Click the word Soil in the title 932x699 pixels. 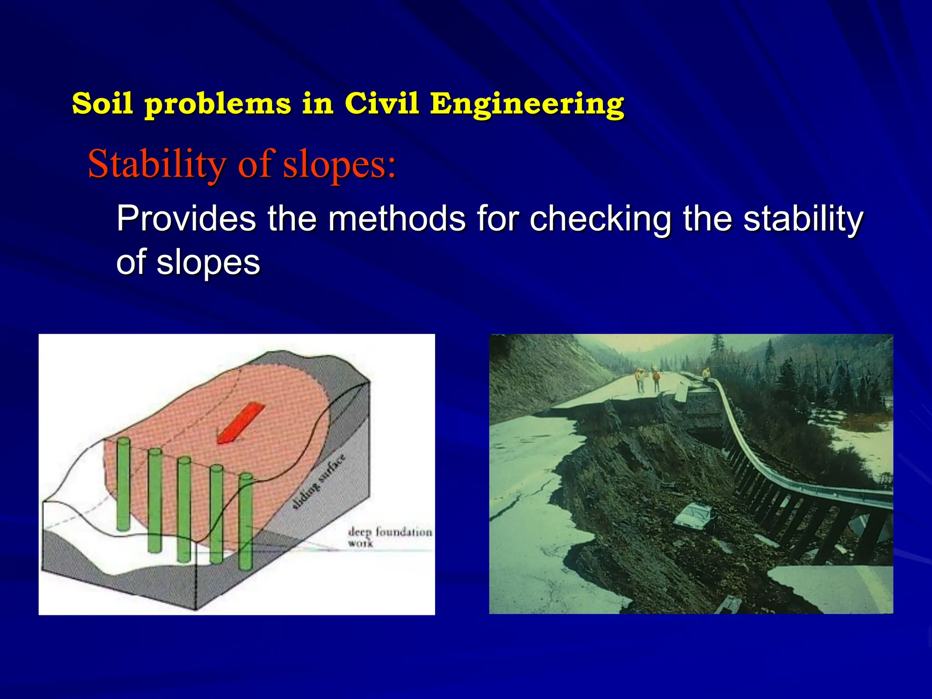click(102, 103)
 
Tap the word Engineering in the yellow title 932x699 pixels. click(527, 104)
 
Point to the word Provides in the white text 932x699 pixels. click(186, 219)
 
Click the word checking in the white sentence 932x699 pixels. click(600, 219)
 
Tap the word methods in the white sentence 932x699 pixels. click(397, 219)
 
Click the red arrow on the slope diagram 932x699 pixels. click(240, 423)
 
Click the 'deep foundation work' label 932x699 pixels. click(389, 536)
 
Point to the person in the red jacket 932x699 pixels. click(656, 380)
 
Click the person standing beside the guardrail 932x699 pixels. click(706, 374)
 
